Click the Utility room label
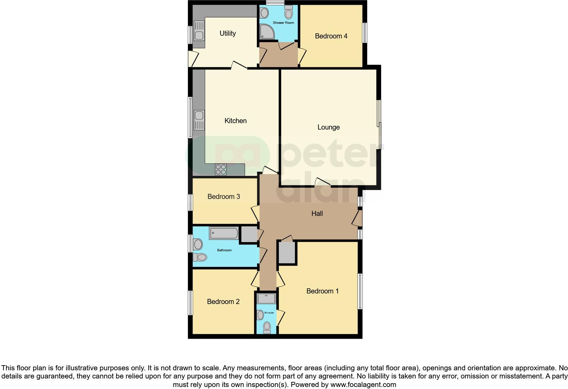[x=228, y=33]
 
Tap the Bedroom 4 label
[x=331, y=36]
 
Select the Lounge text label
[x=329, y=127]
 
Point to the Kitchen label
[x=235, y=121]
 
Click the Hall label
[x=317, y=214]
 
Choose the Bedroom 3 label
[x=224, y=197]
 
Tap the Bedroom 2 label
[x=223, y=302]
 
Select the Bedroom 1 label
[x=322, y=291]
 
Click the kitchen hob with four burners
[x=221, y=169]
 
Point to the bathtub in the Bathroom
[x=224, y=233]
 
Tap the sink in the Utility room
[x=199, y=35]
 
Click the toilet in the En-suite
[x=267, y=327]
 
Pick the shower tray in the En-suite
[x=267, y=299]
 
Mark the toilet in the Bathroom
[x=201, y=257]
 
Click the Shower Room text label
[x=283, y=23]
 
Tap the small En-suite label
[x=269, y=313]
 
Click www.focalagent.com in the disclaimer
[x=363, y=385]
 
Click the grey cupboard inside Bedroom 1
[x=287, y=252]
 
